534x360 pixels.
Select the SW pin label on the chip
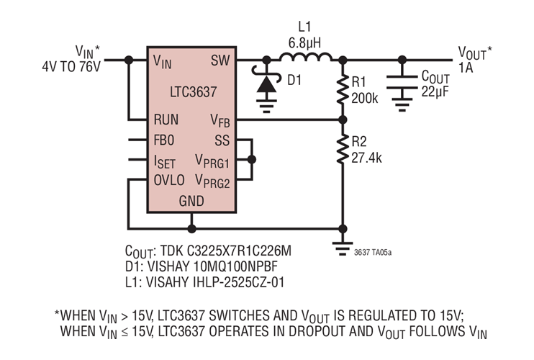(x=220, y=62)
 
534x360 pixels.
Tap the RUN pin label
(x=166, y=119)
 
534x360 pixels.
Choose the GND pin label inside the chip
(x=191, y=202)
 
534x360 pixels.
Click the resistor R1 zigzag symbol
(x=343, y=89)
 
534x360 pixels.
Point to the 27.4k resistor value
(x=368, y=156)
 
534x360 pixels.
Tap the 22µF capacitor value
(x=435, y=90)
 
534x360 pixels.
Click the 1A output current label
(x=467, y=68)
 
